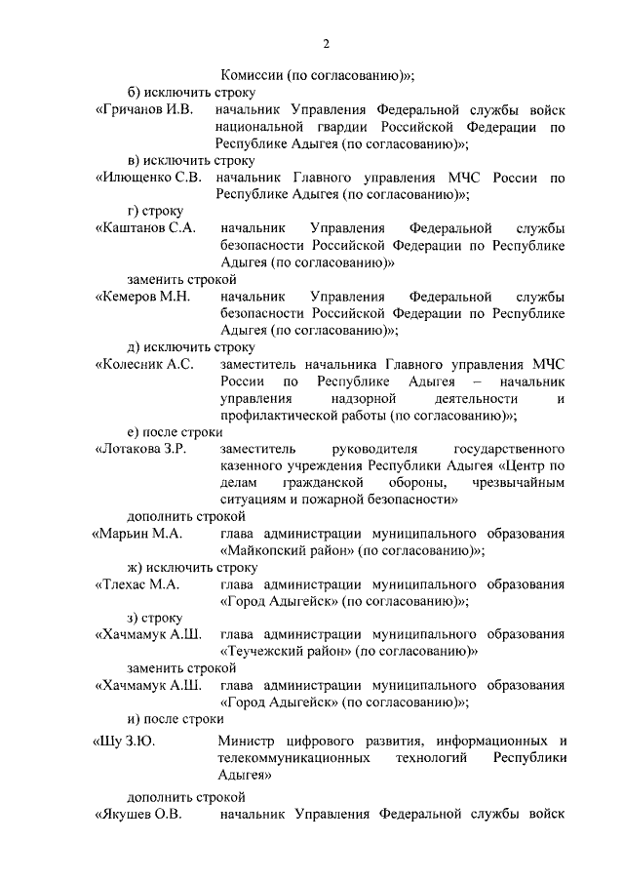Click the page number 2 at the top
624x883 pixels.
pyautogui.click(x=327, y=44)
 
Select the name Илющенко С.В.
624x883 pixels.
pyautogui.click(x=148, y=178)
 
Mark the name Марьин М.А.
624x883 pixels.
pyautogui.click(x=138, y=534)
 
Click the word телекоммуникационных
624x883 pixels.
pyautogui.click(x=294, y=756)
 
